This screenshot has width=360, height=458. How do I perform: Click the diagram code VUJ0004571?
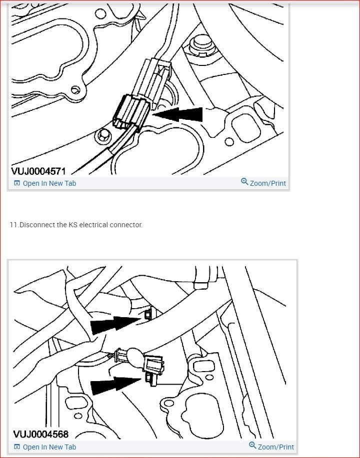point(38,171)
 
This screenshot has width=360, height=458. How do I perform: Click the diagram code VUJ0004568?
point(41,434)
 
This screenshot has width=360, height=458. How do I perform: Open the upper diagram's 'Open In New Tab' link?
point(49,183)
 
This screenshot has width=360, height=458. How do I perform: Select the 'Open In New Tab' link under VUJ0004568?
point(49,447)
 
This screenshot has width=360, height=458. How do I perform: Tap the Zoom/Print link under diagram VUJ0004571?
point(267,183)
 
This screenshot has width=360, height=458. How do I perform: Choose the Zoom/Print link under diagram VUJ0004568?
point(275,447)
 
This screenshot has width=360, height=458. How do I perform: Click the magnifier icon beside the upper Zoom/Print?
point(244,182)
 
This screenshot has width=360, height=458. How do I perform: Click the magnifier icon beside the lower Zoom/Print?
point(252,446)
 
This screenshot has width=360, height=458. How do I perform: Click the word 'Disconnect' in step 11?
point(37,225)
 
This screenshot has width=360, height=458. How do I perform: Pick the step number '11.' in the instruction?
point(14,225)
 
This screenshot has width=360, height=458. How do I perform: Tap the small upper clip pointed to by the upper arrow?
point(148,315)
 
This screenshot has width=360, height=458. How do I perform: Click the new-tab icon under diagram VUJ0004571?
point(17,183)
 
